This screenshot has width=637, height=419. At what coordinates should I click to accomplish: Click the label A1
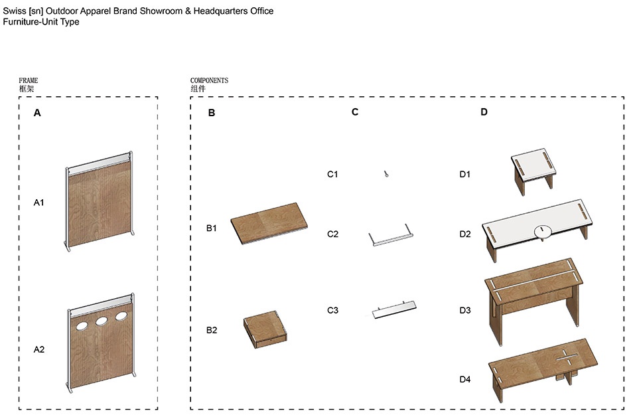click(38, 203)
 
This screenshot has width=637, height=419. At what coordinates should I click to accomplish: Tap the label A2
click(38, 349)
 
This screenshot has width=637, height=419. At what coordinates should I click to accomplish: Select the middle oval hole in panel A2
click(103, 321)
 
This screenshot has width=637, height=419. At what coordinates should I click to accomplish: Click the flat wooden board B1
click(271, 225)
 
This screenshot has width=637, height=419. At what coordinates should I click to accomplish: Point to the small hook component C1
click(385, 174)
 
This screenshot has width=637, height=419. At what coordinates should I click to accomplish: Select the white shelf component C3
click(393, 310)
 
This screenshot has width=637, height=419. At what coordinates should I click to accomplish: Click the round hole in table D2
click(542, 230)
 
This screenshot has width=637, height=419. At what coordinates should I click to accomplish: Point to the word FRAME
click(29, 80)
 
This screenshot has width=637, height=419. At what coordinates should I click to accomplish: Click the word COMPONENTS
click(209, 80)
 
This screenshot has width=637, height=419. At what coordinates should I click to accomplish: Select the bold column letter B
click(212, 113)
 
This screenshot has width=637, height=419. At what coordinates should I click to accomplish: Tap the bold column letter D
click(484, 112)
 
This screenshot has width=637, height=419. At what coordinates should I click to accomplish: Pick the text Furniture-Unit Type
click(40, 22)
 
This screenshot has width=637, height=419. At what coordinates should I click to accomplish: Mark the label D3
click(465, 310)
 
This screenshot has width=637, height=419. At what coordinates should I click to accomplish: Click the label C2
click(332, 234)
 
